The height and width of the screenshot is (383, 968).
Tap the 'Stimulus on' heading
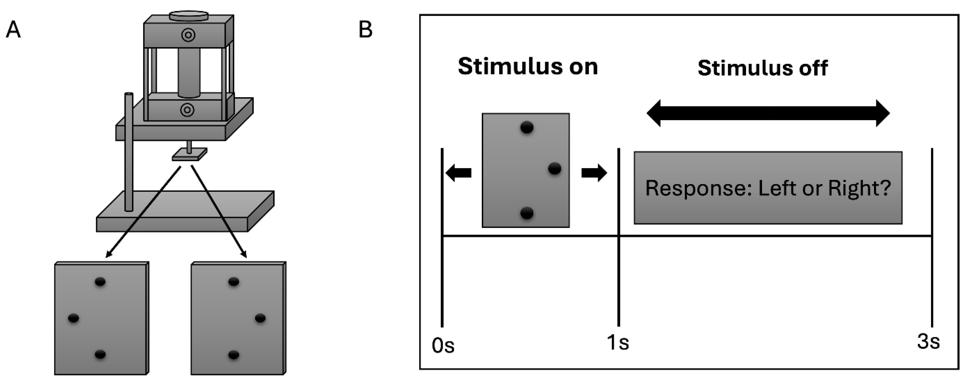[x=527, y=67]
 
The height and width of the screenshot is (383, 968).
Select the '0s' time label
[x=443, y=346]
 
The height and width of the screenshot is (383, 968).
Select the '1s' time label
[x=617, y=342]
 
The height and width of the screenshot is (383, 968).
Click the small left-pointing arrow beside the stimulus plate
[x=458, y=173]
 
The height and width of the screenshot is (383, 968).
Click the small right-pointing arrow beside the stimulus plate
[x=594, y=173]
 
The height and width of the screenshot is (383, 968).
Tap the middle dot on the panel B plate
[x=555, y=168]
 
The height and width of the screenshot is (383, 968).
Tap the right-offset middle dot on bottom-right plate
[x=260, y=318]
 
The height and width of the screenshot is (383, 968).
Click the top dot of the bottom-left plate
[x=100, y=282]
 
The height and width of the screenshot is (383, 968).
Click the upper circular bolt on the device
[x=188, y=35]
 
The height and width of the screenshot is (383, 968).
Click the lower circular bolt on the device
[x=187, y=110]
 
